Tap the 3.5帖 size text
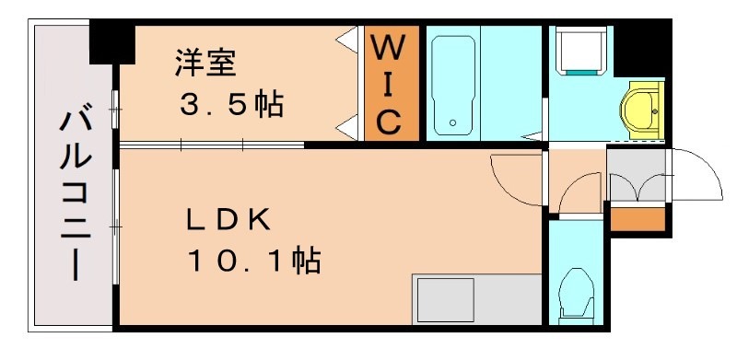pos(229,105)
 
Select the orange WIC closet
pos(388,84)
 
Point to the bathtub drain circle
pos(452,122)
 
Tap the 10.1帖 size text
pos(253,261)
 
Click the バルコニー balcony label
pos(76,193)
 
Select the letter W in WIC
pos(388,46)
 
